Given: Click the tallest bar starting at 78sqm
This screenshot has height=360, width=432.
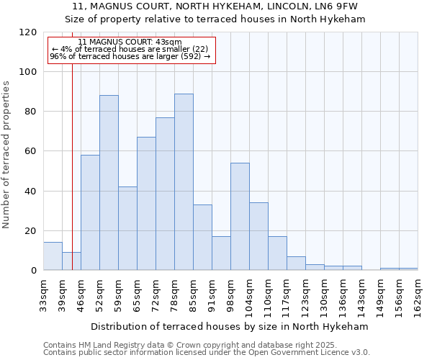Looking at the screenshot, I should coord(184,182).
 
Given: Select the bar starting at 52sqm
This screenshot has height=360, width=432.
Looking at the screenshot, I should coord(109,183).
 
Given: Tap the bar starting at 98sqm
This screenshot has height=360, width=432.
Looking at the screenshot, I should coord(240,217).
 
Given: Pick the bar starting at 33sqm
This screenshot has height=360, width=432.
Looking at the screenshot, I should coord(53,256).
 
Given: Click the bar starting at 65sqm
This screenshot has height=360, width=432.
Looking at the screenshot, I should coord(146,204).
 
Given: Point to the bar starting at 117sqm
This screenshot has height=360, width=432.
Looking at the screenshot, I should coord(296,264).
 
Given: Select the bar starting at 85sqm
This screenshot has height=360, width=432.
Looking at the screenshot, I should coord(202,238).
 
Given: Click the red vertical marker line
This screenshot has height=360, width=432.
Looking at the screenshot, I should coord(72,158).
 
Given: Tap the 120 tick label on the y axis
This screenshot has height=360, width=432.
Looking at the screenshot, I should coord(28,32).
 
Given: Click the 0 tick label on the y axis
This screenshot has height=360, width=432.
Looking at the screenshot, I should coord(34,271).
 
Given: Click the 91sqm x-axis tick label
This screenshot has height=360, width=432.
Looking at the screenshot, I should coord(212,294).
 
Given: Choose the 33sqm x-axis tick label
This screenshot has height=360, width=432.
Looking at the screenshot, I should coord(44,294).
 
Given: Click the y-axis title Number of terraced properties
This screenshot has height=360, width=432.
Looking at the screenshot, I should coord(6,155).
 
